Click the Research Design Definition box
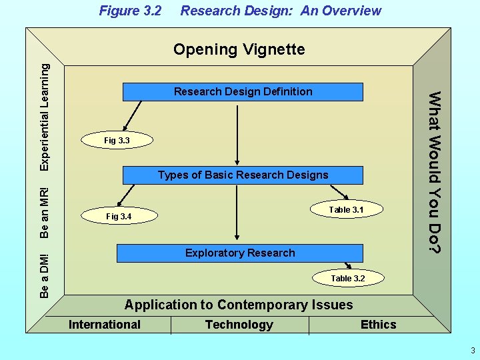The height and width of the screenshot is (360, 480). pos(243,91)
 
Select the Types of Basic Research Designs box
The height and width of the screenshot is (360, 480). pos(243,175)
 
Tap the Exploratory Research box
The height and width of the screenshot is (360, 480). pos(240,253)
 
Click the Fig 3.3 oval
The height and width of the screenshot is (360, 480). pos(117,140)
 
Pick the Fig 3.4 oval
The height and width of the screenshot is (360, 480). pos(119,217)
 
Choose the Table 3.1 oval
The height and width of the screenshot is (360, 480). pos(346,209)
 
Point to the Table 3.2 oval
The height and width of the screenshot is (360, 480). pos(347,278)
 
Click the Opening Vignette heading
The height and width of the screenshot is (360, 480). pos(239,49)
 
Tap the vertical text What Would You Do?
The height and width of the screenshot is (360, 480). pos(434,172)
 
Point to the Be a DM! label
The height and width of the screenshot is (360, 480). pos(45,275)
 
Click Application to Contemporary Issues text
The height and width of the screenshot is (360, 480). pos(239,305)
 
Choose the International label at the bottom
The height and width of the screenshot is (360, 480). pos(105,325)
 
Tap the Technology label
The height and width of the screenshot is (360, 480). pos(239,325)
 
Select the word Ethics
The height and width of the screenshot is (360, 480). pos(378,325)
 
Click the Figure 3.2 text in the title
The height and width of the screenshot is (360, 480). pos(131,11)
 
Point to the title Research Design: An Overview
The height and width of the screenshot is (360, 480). pos(281,11)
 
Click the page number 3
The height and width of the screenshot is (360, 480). pos(472,351)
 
